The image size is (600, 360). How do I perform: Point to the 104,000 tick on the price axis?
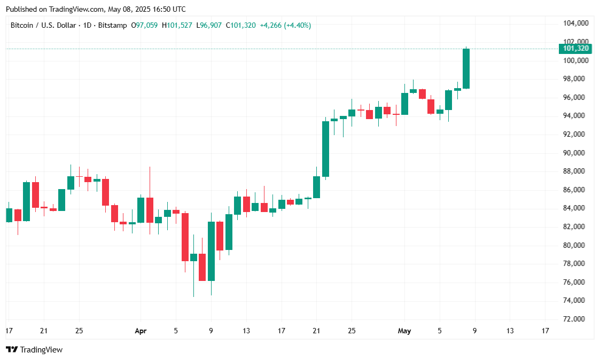(x=576, y=24)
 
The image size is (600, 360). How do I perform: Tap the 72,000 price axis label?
(x=576, y=319)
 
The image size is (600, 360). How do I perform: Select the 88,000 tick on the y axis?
(x=576, y=171)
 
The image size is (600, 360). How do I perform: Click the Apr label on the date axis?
(x=141, y=331)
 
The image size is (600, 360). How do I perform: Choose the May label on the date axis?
(x=404, y=331)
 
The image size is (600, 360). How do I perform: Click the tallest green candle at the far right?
(x=466, y=68)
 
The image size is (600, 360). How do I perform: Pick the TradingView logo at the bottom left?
(x=34, y=350)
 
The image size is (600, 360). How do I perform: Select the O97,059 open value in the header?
(x=144, y=25)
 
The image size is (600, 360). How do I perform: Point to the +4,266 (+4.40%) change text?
(x=285, y=25)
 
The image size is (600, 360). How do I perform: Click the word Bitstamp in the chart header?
(x=113, y=25)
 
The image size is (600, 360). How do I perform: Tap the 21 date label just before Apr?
(x=44, y=331)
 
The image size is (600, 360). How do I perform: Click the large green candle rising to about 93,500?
(x=325, y=148)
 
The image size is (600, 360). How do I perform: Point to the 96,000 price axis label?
(x=576, y=97)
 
